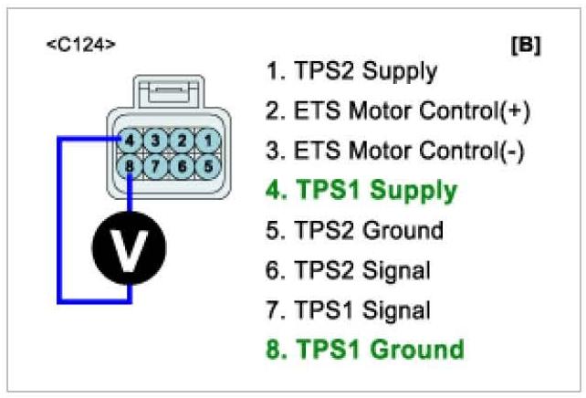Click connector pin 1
[210, 141]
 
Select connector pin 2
[184, 141]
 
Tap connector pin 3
[159, 141]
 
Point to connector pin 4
[133, 141]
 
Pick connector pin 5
[210, 167]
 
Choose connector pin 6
[184, 167]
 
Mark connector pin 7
[159, 167]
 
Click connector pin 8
[133, 167]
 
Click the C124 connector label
[81, 44]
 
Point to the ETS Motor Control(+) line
[398, 110]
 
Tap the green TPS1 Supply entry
[361, 191]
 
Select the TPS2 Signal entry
[348, 270]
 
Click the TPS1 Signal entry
[348, 309]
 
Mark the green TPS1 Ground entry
[365, 349]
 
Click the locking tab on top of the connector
[173, 92]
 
